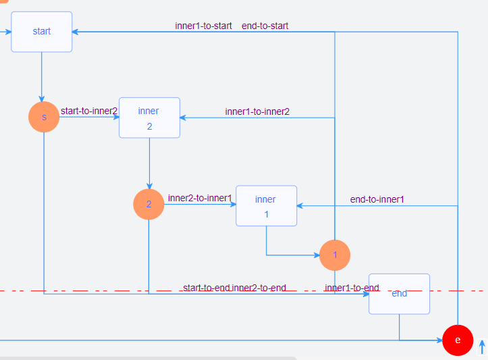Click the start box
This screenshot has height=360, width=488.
(41, 32)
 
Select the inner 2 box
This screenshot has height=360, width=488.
(149, 118)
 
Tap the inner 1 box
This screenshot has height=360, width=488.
(266, 205)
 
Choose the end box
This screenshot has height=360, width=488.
(399, 294)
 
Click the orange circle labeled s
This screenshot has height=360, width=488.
(44, 117)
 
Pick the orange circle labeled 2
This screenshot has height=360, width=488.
(148, 204)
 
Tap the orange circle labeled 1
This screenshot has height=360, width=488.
(335, 255)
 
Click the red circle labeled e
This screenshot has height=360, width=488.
(458, 340)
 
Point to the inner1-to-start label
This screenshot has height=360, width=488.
(203, 26)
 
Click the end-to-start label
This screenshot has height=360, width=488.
(265, 26)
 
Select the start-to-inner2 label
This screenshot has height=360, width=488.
(89, 111)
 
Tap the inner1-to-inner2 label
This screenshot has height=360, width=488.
(257, 111)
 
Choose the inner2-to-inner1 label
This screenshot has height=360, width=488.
(200, 199)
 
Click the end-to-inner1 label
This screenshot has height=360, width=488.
(377, 199)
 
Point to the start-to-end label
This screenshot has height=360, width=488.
(206, 288)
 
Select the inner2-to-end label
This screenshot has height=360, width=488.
(259, 288)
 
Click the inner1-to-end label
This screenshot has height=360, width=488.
(352, 288)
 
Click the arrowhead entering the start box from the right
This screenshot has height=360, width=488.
(76, 32)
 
